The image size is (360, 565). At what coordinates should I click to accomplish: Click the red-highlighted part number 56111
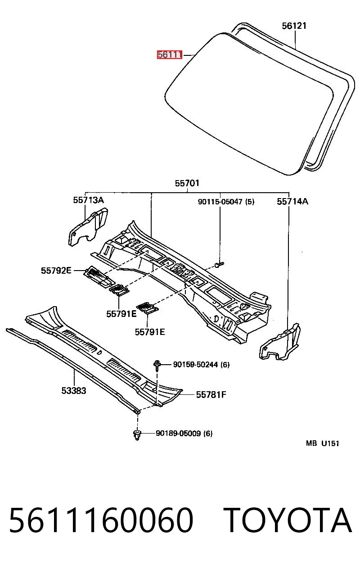point(169,54)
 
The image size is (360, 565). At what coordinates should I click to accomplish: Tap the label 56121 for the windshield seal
point(294,26)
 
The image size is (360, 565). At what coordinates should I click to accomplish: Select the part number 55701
point(187,183)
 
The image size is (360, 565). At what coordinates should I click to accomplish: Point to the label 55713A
point(89,200)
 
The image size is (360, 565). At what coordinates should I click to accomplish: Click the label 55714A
point(292,201)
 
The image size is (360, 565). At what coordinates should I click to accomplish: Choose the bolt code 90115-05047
point(220,202)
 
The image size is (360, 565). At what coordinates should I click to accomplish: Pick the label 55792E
point(56,271)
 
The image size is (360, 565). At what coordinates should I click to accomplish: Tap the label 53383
point(74,390)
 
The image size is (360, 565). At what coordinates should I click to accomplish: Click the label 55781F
point(211,394)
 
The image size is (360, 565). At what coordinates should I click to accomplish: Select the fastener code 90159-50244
point(195,365)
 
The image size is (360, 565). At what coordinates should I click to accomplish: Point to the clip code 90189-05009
point(178,434)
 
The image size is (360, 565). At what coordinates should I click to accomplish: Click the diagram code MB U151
point(323,450)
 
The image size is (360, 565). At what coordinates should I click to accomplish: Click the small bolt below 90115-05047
point(219,265)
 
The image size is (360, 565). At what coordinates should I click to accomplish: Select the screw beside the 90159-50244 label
point(157,365)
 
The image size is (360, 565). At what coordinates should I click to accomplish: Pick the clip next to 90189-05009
point(137,435)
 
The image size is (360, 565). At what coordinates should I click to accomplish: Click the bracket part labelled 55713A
point(88,227)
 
